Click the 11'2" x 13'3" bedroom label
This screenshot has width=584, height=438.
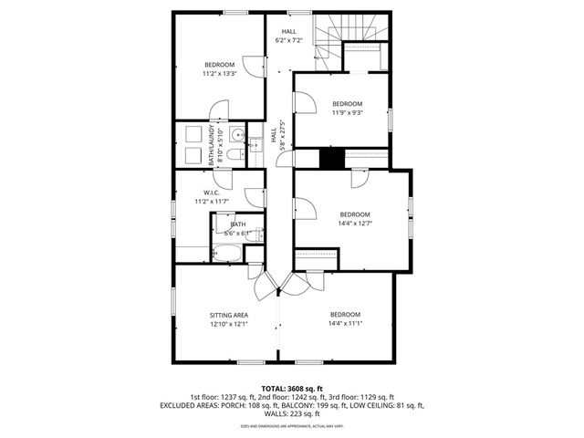click(219, 69)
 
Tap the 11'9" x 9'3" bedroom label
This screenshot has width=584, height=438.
click(347, 108)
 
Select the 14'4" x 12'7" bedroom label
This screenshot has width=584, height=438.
click(355, 218)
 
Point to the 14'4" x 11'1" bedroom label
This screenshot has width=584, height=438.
click(345, 318)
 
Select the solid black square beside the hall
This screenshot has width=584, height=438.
click(330, 157)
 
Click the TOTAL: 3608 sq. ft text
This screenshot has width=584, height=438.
click(291, 389)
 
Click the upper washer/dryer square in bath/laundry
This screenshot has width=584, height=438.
click(193, 134)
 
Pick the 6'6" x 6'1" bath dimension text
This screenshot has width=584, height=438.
click(237, 234)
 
